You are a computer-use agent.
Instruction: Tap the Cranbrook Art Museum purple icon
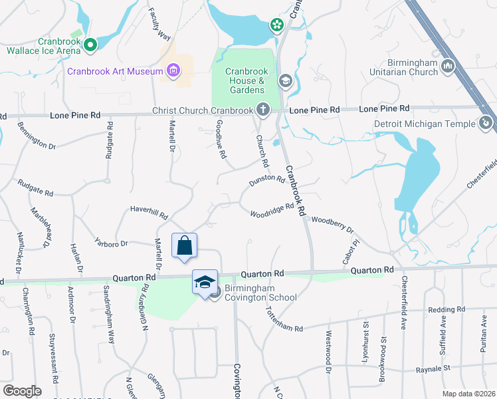click(x=173, y=70)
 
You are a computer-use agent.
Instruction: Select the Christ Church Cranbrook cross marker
click(x=262, y=110)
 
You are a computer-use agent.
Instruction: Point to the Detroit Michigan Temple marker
click(x=486, y=123)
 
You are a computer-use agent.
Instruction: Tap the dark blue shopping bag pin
click(x=185, y=245)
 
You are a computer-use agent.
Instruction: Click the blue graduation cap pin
click(x=205, y=283)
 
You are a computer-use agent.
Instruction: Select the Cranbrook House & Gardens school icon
click(x=285, y=81)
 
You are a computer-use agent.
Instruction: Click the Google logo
click(x=21, y=391)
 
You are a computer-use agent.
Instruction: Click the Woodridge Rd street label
click(x=272, y=210)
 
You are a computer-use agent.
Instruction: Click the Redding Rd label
click(x=446, y=310)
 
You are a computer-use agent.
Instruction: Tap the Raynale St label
click(x=451, y=366)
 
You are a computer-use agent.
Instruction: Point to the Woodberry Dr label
click(x=332, y=223)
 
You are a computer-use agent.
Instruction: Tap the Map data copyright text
click(x=468, y=394)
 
